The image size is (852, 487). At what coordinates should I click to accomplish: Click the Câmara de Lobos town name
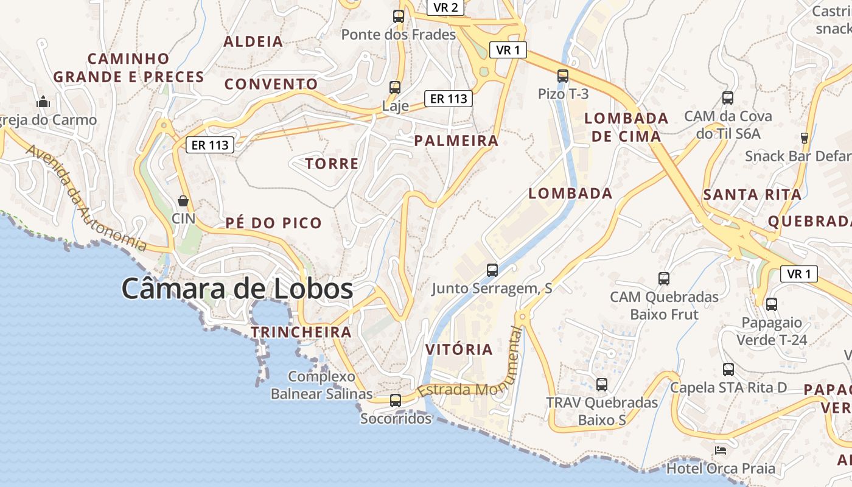237,289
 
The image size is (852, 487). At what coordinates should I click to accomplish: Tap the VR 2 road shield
446,7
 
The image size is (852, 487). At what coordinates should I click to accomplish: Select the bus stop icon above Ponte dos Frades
399,16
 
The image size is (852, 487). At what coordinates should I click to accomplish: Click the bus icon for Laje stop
395,88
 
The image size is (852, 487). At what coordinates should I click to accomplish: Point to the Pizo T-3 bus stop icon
563,76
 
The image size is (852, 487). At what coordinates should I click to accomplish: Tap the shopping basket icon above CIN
183,200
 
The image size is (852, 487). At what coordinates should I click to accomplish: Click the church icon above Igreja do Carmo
43,101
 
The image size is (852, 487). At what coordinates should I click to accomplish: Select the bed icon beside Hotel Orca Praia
721,450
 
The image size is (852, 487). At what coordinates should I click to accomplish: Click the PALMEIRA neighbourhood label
456,141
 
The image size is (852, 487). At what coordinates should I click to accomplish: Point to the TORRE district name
332,164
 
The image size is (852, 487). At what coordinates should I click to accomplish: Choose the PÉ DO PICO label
274,223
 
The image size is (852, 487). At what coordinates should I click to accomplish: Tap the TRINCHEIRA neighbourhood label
301,332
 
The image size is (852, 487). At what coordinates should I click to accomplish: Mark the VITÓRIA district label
459,349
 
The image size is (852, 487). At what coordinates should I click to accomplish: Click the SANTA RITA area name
752,195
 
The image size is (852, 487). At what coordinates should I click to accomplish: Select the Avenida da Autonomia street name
85,198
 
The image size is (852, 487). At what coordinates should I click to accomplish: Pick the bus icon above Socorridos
396,400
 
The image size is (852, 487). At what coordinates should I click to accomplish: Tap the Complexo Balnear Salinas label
321,385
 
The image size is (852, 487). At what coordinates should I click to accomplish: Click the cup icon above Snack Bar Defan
805,138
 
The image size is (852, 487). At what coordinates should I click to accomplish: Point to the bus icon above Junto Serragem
492,270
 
